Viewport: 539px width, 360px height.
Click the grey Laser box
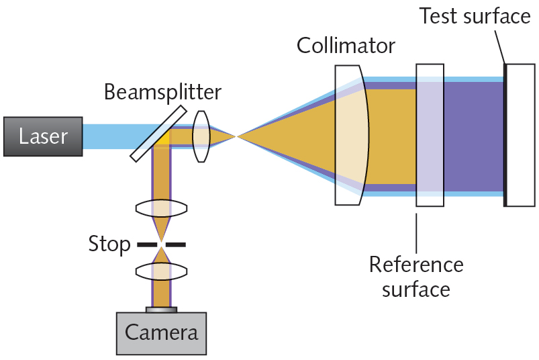coord(43,136)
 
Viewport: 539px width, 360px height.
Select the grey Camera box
coord(161,332)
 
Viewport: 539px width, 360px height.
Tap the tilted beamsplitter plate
coord(158,133)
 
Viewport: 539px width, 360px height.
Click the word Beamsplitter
coord(162,92)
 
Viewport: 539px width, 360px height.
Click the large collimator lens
coord(350,134)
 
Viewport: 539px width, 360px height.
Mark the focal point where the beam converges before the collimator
coord(236,136)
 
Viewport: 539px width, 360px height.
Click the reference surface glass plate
coord(430,134)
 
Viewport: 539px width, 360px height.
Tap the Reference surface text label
coord(415,276)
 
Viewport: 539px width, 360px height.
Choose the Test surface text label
coord(475,16)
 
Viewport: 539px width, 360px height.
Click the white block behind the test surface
coord(521,134)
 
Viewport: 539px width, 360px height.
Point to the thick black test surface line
coord(505,134)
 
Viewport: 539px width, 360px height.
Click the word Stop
coord(109,244)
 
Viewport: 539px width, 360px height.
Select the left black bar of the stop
coord(147,244)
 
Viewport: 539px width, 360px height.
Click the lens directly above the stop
coord(161,208)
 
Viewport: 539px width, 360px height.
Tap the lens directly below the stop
coord(161,271)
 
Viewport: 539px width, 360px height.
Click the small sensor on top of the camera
coord(161,310)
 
